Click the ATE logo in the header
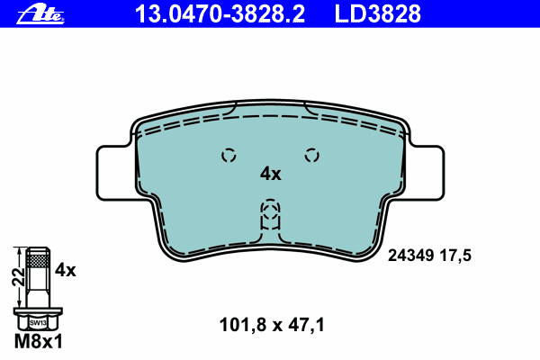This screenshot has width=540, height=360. pyautogui.click(x=40, y=14)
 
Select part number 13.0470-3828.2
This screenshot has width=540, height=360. pyautogui.click(x=220, y=13)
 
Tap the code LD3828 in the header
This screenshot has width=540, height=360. pyautogui.click(x=377, y=13)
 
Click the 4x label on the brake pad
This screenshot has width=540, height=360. pyautogui.click(x=270, y=174)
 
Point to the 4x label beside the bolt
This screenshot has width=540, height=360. pyautogui.click(x=66, y=270)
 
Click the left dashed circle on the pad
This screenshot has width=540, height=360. pyautogui.click(x=229, y=156)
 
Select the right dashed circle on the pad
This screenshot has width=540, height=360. pyautogui.click(x=312, y=156)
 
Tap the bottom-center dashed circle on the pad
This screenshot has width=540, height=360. pyautogui.click(x=270, y=210)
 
